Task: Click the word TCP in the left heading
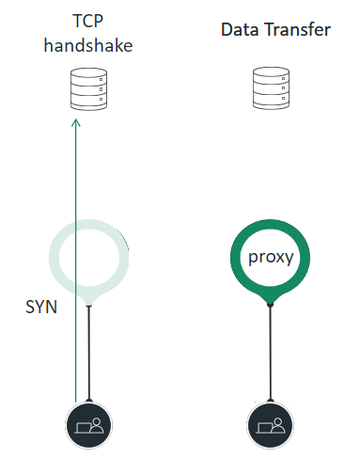point(87,20)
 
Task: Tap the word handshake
point(87,43)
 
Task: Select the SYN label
point(40,307)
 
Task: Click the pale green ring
point(55,256)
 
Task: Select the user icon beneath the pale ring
point(88,421)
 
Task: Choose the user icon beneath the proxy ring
point(270,421)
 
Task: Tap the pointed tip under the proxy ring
point(270,303)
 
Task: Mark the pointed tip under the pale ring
point(88,303)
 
